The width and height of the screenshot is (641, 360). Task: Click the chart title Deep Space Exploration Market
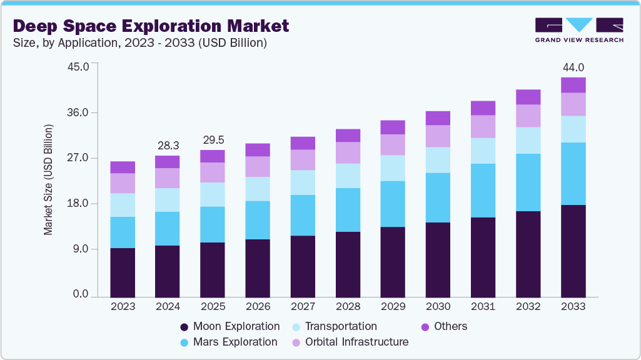[151, 26]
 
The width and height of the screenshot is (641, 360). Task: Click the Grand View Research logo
[578, 29]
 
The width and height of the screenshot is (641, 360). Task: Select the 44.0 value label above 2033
[573, 67]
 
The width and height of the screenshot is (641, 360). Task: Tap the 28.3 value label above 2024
[168, 145]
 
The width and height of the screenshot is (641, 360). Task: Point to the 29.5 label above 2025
[213, 139]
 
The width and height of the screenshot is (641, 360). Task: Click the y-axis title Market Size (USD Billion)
[48, 180]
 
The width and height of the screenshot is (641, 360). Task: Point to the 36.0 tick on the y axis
[79, 113]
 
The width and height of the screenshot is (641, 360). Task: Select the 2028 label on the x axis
[348, 307]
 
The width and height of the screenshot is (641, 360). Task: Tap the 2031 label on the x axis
[483, 307]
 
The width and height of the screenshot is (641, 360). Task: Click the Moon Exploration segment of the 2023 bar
[123, 272]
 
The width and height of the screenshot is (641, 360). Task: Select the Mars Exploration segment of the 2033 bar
[573, 174]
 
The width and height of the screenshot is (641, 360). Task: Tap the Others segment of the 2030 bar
[438, 118]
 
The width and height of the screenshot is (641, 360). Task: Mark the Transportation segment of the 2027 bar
[303, 182]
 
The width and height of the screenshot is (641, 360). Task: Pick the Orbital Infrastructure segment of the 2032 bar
[528, 116]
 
